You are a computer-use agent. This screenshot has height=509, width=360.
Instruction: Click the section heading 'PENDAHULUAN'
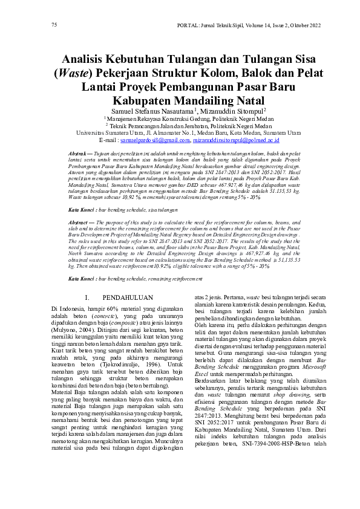[x=128, y=297]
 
